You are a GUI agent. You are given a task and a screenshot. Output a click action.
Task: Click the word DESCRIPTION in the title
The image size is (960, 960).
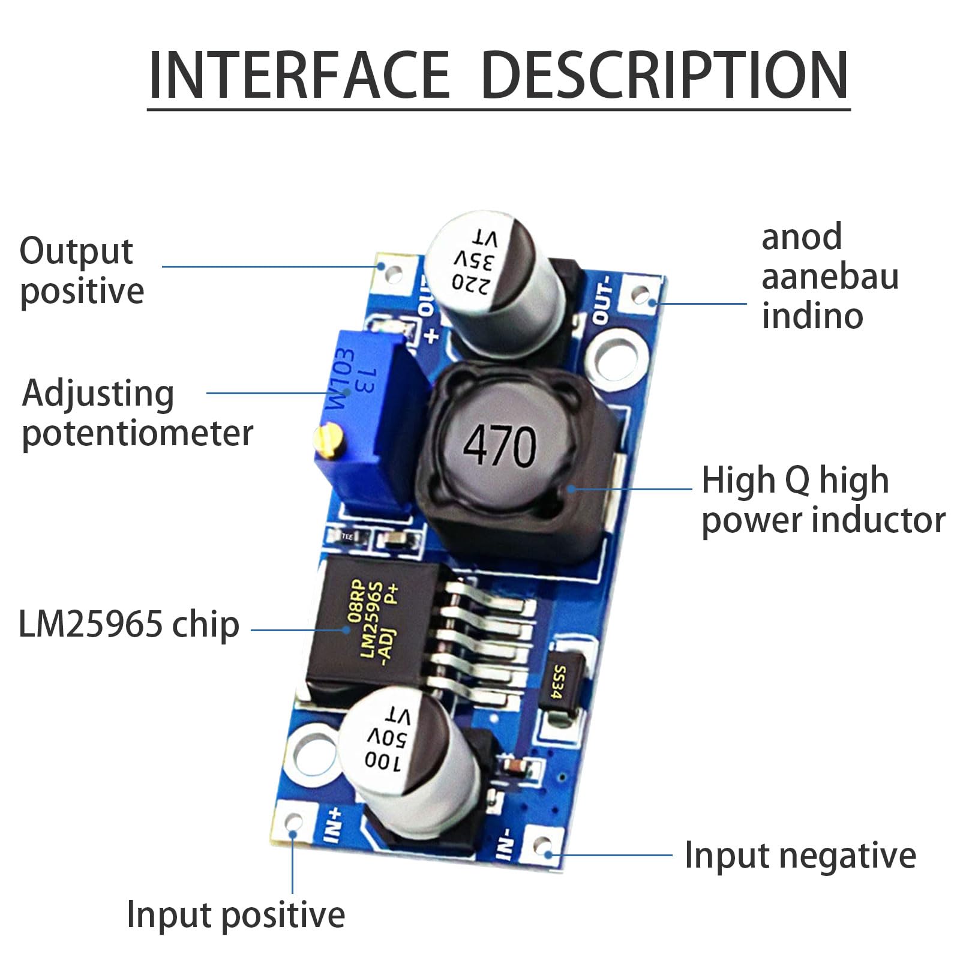(x=665, y=74)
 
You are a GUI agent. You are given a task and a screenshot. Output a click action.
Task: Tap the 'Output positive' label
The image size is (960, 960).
(x=82, y=271)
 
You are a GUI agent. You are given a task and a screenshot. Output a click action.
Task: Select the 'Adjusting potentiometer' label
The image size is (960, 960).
(x=137, y=413)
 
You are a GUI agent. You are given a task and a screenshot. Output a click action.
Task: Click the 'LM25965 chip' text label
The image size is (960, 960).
(x=129, y=624)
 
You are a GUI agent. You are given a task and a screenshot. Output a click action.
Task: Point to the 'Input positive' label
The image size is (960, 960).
(x=236, y=916)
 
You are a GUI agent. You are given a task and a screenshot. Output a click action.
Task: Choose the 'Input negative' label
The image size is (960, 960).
(x=800, y=855)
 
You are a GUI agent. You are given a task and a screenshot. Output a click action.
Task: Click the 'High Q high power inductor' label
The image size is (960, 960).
(x=823, y=500)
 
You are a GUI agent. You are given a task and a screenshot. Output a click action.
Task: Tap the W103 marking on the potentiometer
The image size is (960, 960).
(x=340, y=380)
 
